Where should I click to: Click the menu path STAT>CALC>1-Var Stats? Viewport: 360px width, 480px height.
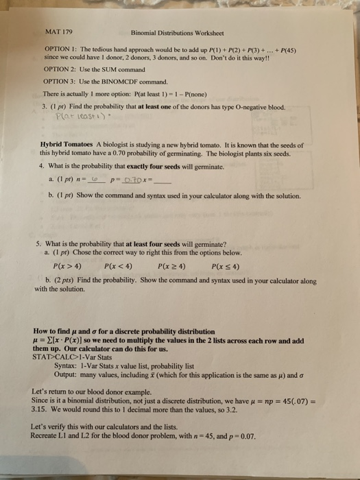(71, 357)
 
